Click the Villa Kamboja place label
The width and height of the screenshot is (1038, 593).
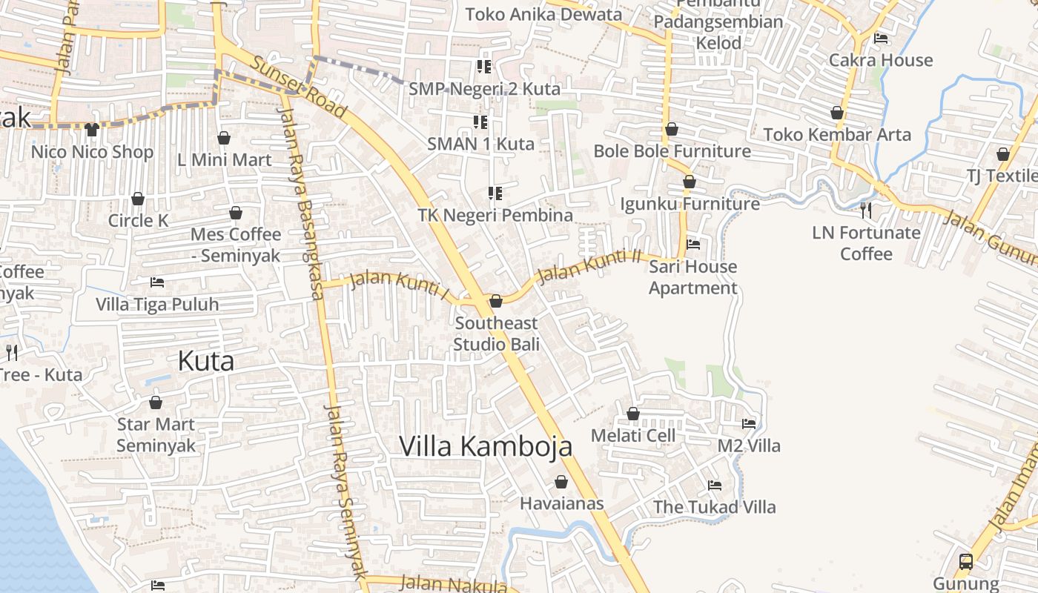coord(486,446)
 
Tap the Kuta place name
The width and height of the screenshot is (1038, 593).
coord(206,361)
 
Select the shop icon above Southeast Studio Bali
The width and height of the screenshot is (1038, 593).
coord(496,301)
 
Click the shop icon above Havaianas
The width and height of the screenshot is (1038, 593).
coord(561,482)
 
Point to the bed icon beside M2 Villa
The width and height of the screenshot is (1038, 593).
coord(749,424)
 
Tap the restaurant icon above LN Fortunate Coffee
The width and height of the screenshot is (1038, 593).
coord(865,211)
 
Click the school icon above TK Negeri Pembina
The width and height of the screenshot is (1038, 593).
coord(495,193)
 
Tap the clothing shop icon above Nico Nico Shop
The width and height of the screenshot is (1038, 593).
coord(92,130)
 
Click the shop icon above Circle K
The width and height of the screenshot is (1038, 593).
coord(138,199)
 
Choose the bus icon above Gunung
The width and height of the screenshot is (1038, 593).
coord(965,561)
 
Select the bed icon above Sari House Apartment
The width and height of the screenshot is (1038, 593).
coord(693,244)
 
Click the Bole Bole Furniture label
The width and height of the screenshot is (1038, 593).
coord(672,151)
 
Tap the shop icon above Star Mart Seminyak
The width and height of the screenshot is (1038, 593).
coord(156,402)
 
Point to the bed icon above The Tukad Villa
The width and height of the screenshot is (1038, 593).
coord(715,486)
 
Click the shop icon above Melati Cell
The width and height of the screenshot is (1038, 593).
coord(633,414)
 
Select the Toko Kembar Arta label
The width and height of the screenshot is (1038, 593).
coord(837,135)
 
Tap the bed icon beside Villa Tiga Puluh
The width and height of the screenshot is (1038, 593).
coord(157,282)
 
